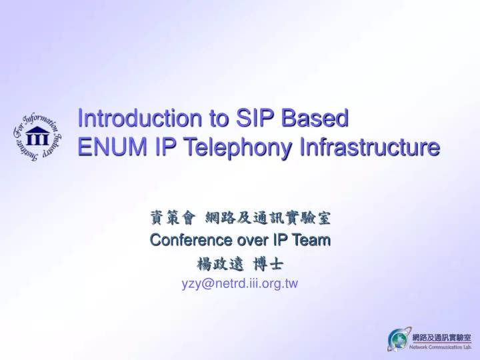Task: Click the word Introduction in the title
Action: (141, 119)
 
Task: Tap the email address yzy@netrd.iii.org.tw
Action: (240, 283)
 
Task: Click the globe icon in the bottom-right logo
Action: (398, 339)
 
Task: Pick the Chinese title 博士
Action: (269, 263)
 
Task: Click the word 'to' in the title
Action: (218, 119)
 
